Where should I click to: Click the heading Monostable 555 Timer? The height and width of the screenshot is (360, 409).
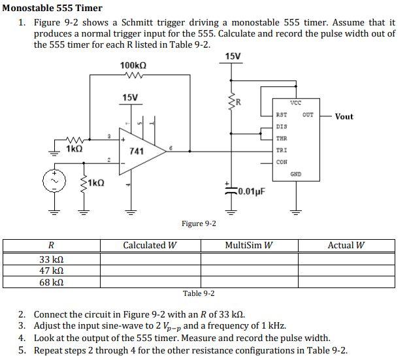click(x=52, y=8)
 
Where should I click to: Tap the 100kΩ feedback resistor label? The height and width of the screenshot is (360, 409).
click(x=133, y=65)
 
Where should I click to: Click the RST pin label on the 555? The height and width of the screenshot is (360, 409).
click(x=282, y=115)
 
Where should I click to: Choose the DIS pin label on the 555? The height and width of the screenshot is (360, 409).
click(x=282, y=126)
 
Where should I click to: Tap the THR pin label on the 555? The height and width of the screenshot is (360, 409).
click(x=282, y=138)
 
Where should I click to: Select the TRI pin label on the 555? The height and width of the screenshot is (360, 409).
click(x=282, y=150)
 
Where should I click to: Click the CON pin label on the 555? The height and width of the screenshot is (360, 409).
click(x=282, y=161)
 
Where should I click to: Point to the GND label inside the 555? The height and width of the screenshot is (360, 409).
click(x=295, y=174)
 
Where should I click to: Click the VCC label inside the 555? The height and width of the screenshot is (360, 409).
click(x=295, y=103)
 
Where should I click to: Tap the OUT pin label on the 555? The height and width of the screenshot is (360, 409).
click(x=308, y=115)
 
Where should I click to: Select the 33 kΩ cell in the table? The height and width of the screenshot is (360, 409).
click(x=52, y=259)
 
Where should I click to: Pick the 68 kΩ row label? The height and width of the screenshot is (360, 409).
click(x=52, y=283)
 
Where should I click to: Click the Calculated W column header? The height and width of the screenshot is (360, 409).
click(x=150, y=246)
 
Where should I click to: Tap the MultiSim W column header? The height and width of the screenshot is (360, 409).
click(x=249, y=246)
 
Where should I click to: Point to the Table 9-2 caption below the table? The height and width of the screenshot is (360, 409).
click(x=199, y=294)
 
